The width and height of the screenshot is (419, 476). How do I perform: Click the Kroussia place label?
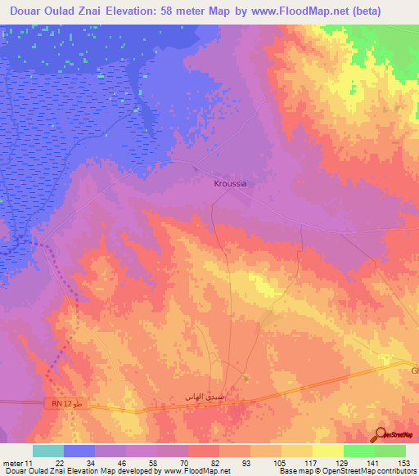pyautogui.click(x=230, y=184)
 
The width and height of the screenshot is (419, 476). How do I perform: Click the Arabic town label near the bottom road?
pyautogui.click(x=202, y=397)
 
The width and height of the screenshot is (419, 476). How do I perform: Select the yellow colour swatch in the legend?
pyautogui.click(x=327, y=451)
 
